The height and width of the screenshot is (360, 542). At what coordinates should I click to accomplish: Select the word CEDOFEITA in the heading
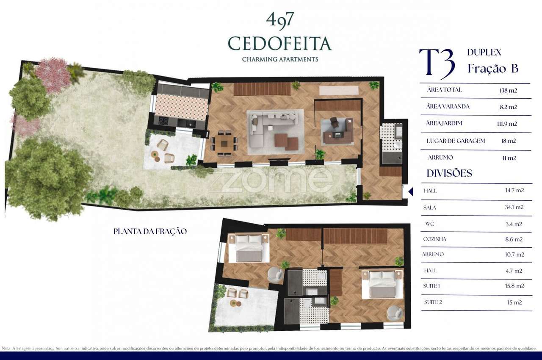[279, 43]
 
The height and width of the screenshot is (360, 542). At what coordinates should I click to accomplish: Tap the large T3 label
[437, 64]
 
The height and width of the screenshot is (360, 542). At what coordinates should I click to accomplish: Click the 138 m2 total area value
[508, 90]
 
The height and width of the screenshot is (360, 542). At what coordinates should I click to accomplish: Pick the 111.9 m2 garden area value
[508, 124]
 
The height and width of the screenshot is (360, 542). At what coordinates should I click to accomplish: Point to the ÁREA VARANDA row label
[448, 107]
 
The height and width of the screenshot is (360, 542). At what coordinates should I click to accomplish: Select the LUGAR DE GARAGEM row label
[456, 141]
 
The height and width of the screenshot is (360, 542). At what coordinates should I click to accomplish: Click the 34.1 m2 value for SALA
[514, 207]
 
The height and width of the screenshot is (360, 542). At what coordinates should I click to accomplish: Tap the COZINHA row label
[434, 239]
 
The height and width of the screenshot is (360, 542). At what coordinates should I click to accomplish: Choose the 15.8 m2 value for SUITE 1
[514, 286]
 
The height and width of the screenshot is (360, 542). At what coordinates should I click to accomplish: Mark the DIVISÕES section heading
[449, 173]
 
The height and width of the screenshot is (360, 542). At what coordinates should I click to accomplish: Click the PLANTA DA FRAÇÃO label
[150, 232]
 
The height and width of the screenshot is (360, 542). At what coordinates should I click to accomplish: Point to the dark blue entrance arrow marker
[410, 192]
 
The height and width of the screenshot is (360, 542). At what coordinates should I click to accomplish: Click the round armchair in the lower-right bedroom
[395, 313]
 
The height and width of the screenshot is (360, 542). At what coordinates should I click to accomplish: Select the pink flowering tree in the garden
[53, 75]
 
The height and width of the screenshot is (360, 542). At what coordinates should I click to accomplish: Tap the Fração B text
[493, 69]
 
